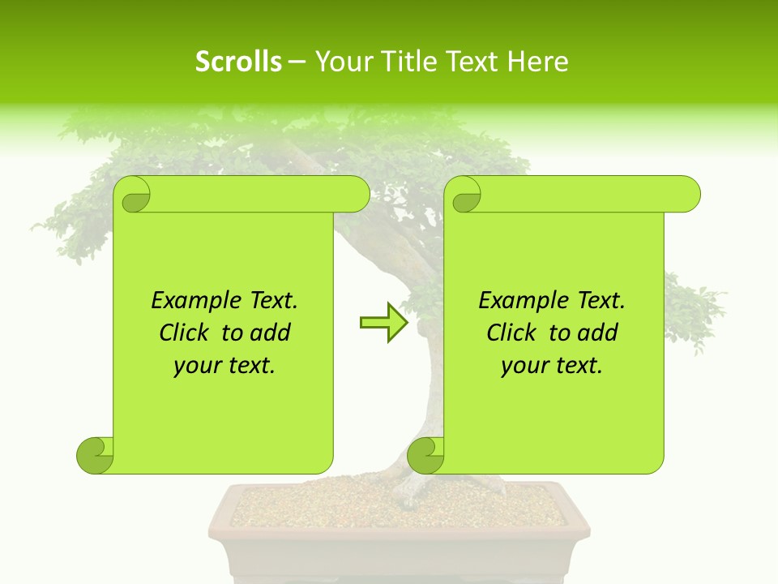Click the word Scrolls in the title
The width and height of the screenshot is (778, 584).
tap(238, 62)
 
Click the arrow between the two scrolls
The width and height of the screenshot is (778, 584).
tap(383, 323)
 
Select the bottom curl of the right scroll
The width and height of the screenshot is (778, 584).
tap(425, 455)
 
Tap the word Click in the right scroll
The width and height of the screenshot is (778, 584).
tap(512, 333)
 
